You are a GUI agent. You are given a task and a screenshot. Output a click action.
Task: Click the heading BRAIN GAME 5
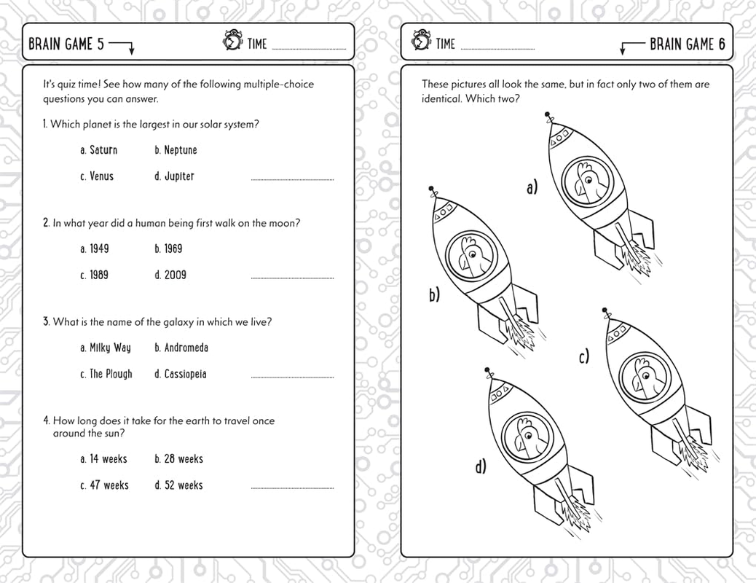coord(61,44)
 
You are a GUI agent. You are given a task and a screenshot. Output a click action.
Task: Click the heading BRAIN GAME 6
coord(687,44)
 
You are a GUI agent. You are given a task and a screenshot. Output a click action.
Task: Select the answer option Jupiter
coord(175,176)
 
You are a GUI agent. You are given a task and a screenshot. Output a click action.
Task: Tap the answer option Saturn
coord(98,150)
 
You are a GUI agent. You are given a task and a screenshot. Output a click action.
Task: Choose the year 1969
coord(168,249)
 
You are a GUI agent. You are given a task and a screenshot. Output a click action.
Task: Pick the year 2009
coord(170,275)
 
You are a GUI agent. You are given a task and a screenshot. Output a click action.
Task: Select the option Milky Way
coord(106,348)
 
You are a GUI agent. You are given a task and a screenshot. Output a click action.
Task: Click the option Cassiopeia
coord(181,375)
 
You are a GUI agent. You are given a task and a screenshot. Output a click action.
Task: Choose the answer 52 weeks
coord(178,485)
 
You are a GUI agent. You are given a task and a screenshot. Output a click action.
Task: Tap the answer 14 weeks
coord(103,459)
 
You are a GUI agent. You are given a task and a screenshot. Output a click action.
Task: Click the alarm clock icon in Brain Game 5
coord(232,42)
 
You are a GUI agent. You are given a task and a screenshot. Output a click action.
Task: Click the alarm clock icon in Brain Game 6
coord(420,42)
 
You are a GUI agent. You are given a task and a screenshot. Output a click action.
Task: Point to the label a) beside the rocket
coord(532,189)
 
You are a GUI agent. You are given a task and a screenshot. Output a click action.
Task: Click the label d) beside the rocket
coord(481,466)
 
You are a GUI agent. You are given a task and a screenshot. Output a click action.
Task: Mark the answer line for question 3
coord(292,377)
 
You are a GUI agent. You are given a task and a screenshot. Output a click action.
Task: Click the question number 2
coord(46,223)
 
